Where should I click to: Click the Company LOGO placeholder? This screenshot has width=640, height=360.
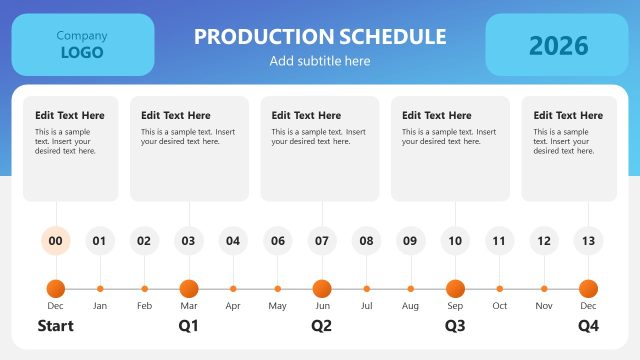(x=82, y=45)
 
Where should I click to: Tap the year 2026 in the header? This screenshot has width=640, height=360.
(x=559, y=45)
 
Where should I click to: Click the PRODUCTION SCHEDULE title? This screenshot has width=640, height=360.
(x=320, y=37)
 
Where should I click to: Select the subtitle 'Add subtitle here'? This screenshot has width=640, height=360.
(x=320, y=61)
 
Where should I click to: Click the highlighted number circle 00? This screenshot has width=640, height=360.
(x=56, y=240)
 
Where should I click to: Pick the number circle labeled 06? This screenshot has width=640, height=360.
(x=278, y=240)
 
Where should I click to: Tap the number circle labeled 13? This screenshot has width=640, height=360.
(x=588, y=240)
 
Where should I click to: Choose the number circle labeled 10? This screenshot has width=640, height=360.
(x=455, y=240)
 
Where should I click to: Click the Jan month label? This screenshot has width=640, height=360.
(x=100, y=305)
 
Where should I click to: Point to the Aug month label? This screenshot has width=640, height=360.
(x=411, y=305)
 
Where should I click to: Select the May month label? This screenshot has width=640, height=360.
(x=278, y=305)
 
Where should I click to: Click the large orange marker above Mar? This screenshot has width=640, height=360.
(x=189, y=288)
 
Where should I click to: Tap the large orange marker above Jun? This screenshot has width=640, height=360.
(x=322, y=288)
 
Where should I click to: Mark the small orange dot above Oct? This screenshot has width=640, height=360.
(x=500, y=288)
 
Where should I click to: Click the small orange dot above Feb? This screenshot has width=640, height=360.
(x=144, y=288)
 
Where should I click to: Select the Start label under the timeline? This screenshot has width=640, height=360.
(x=56, y=326)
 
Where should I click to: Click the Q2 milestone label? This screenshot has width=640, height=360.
(x=322, y=326)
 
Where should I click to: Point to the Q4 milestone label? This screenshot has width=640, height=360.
(x=588, y=326)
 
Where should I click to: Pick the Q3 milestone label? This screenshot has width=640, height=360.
(x=455, y=326)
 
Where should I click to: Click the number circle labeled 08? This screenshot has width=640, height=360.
(x=367, y=240)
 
